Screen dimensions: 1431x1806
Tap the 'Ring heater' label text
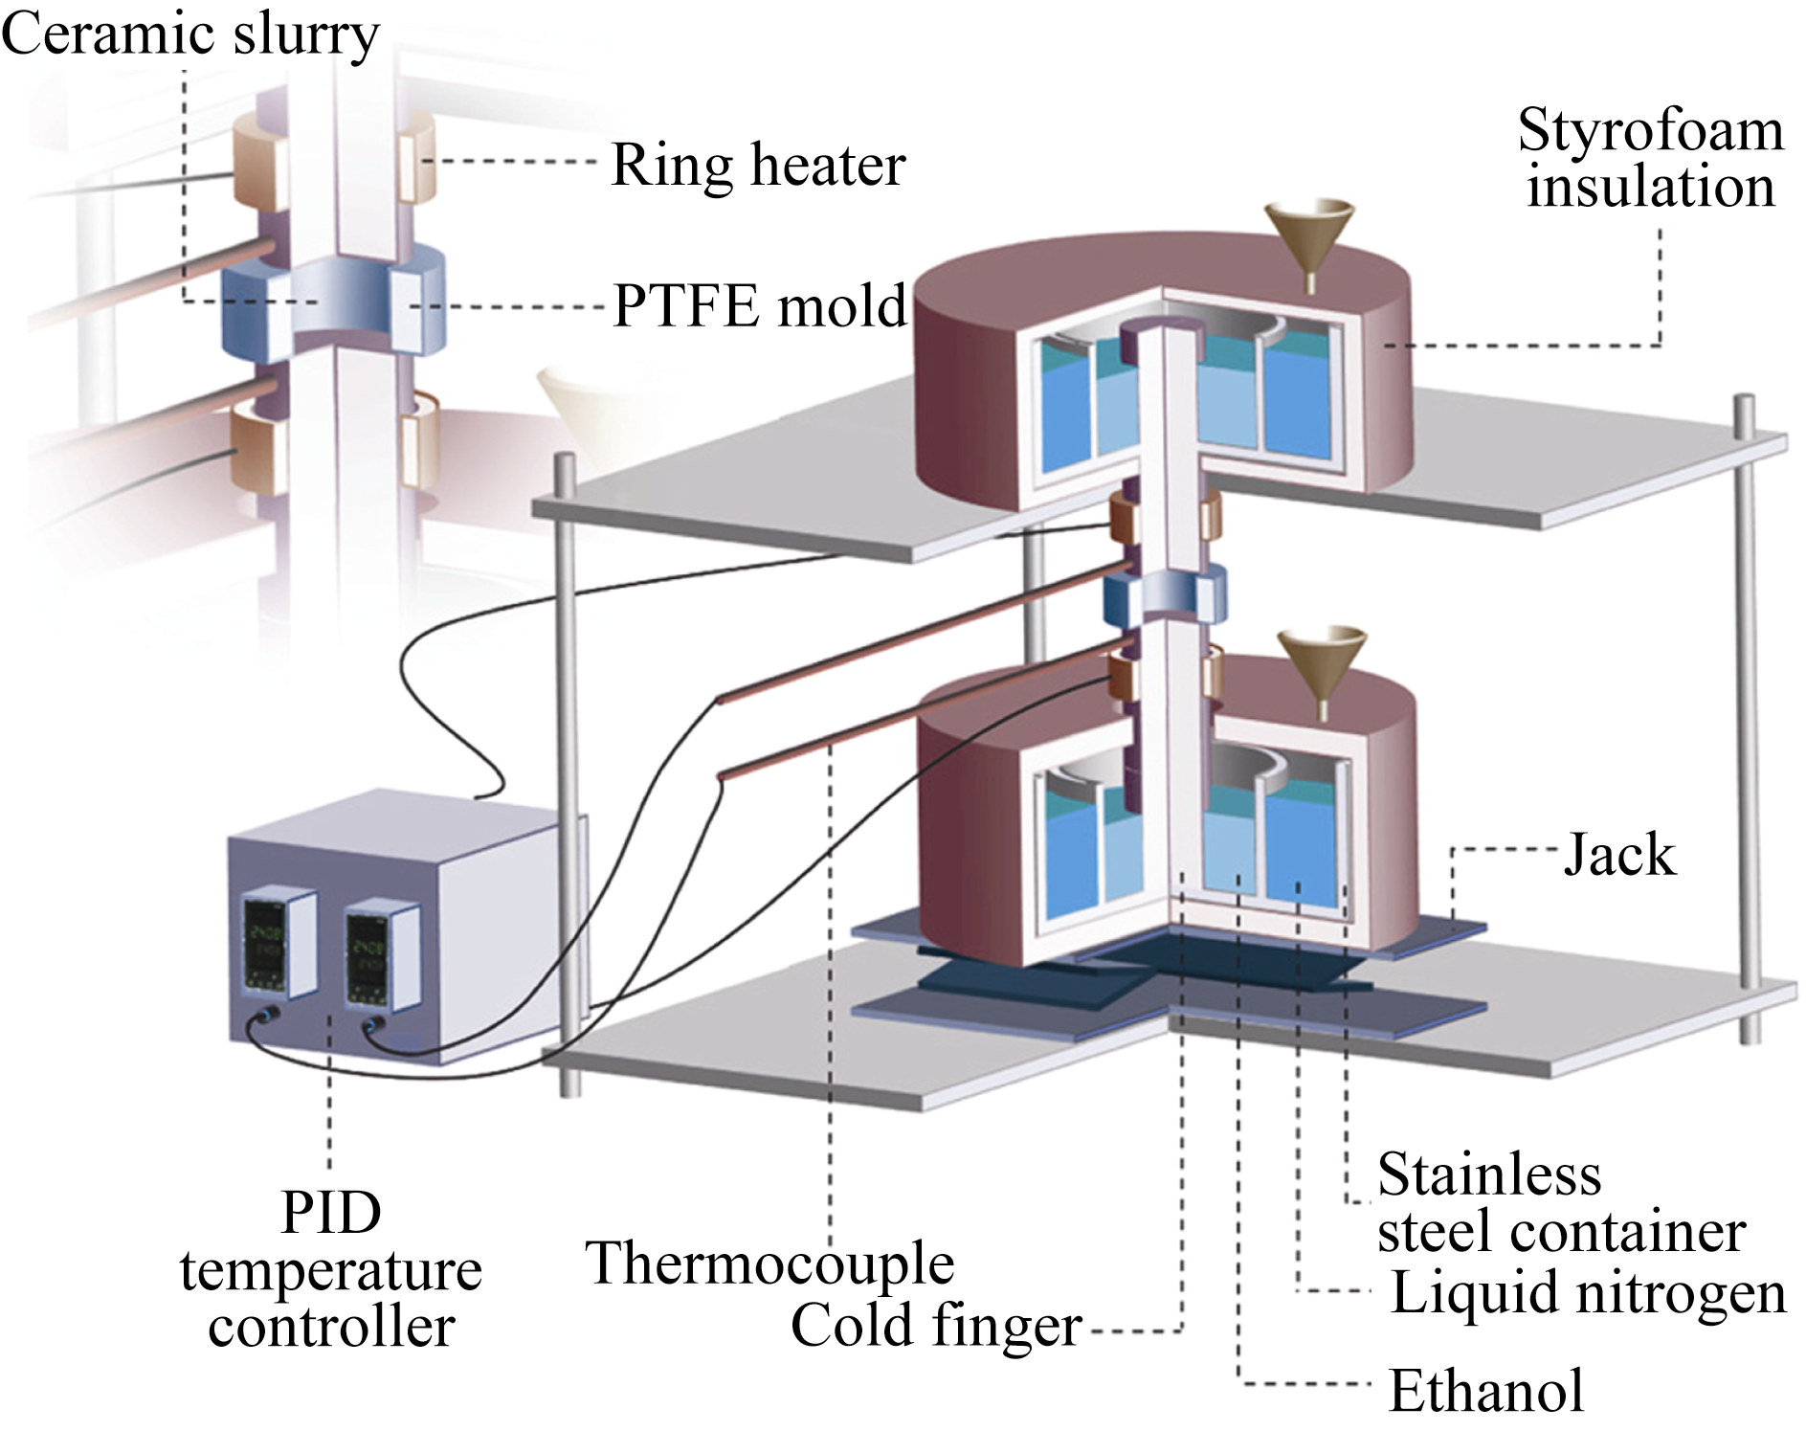pyautogui.click(x=758, y=165)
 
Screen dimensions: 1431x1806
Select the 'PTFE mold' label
pyautogui.click(x=759, y=306)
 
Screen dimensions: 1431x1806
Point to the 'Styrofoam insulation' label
pyautogui.click(x=1650, y=158)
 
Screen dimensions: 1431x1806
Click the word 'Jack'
pyautogui.click(x=1619, y=854)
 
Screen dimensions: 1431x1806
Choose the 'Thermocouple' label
pyautogui.click(x=769, y=1263)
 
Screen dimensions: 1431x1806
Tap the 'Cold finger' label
pyautogui.click(x=936, y=1326)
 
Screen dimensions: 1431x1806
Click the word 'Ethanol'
pyautogui.click(x=1486, y=1391)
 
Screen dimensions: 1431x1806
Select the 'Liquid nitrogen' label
pyautogui.click(x=1588, y=1292)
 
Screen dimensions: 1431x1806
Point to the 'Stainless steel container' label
pyautogui.click(x=1560, y=1203)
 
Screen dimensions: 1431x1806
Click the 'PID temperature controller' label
pyautogui.click(x=330, y=1270)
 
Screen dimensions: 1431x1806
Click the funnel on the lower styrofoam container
pyautogui.click(x=1322, y=662)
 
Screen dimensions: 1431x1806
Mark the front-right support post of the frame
pyautogui.click(x=1748, y=718)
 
